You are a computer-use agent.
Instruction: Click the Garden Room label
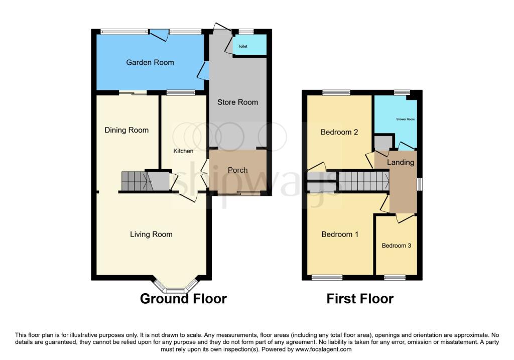(x=150, y=63)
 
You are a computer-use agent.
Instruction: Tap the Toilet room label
(x=243, y=46)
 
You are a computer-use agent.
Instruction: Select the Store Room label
(x=237, y=102)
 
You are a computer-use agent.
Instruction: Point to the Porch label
(x=237, y=170)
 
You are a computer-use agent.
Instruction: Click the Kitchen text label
(x=183, y=151)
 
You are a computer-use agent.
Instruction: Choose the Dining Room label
(x=126, y=130)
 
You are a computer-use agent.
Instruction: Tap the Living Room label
(x=151, y=234)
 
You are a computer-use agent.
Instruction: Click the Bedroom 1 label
(x=339, y=234)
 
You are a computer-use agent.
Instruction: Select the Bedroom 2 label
(x=339, y=133)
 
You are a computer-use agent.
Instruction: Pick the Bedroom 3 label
(x=396, y=246)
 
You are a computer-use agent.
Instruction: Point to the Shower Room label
(x=405, y=119)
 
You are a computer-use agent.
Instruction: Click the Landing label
(x=401, y=162)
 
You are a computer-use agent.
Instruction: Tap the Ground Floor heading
(x=183, y=299)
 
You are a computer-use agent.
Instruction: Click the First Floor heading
(x=360, y=299)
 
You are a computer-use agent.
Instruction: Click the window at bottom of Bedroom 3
(x=395, y=277)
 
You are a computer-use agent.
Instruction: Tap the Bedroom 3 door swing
(x=405, y=218)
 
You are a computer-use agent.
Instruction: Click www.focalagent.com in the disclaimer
(x=323, y=349)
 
